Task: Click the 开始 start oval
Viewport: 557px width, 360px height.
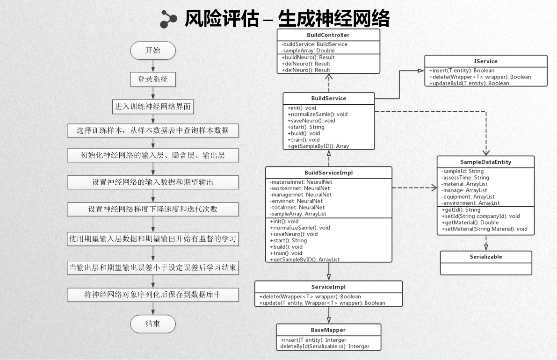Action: point(153,50)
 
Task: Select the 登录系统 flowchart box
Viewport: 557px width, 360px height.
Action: point(153,79)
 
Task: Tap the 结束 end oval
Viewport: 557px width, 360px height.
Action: point(153,323)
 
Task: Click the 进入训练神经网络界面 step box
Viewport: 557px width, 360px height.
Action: point(153,107)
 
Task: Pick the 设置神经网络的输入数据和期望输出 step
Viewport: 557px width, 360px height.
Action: point(153,182)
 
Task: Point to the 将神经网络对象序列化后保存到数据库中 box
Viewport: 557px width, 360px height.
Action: point(153,295)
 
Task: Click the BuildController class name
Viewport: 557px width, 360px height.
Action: point(328,35)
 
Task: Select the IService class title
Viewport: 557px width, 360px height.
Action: point(485,61)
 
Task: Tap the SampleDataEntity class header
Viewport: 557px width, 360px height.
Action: point(485,162)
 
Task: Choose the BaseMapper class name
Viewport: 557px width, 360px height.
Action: point(328,330)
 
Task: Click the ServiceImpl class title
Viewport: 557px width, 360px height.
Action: point(328,287)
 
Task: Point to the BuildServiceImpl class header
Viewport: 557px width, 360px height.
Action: point(328,173)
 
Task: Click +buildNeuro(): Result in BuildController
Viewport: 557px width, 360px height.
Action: point(308,58)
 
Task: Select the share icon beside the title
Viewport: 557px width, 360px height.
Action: point(169,19)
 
